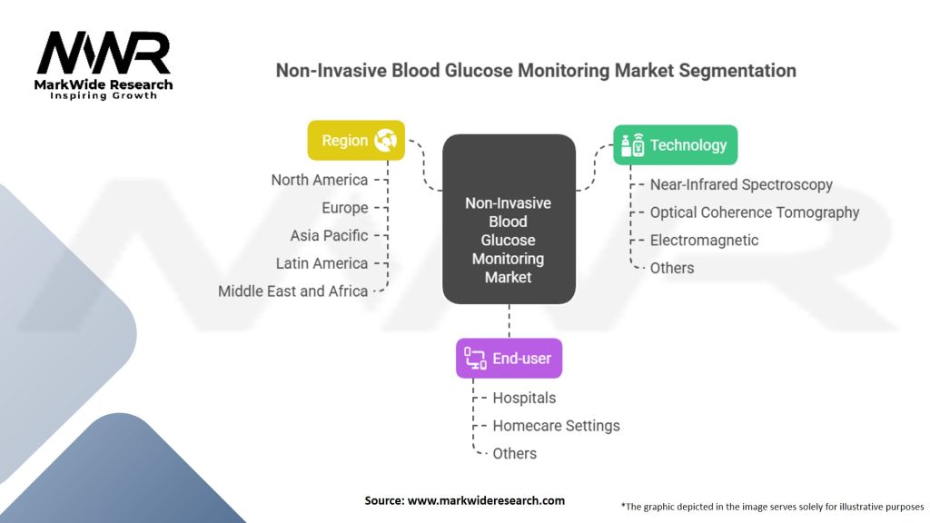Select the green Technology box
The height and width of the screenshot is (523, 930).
(x=675, y=144)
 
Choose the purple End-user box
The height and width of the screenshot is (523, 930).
(x=509, y=358)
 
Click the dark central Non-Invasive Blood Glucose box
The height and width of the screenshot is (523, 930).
(x=509, y=220)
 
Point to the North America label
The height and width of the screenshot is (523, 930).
(x=320, y=180)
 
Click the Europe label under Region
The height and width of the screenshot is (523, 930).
(x=344, y=208)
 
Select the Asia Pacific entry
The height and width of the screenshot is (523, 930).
(x=329, y=235)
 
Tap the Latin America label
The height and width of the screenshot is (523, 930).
(x=322, y=263)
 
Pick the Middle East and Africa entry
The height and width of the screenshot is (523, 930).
(x=292, y=291)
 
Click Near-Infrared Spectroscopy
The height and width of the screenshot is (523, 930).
(x=741, y=184)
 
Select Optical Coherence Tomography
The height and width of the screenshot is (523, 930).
(x=754, y=212)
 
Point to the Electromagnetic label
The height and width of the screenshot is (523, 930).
(x=704, y=240)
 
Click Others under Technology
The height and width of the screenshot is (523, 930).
(x=671, y=268)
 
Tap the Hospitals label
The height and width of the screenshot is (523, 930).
(x=524, y=398)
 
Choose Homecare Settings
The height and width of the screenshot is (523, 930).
(x=556, y=425)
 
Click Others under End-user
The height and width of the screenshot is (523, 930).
(x=514, y=453)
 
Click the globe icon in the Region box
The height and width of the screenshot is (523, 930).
(x=386, y=141)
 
